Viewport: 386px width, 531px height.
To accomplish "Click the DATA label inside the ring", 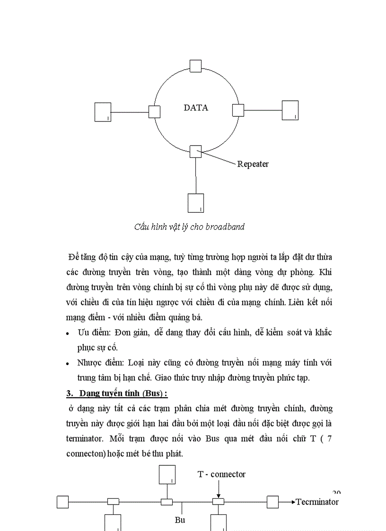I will click(196, 108).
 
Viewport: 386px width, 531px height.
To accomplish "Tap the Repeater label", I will click(253, 164).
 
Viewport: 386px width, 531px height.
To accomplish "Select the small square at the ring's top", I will click(195, 65).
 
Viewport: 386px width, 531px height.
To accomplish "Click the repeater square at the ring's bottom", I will click(195, 151).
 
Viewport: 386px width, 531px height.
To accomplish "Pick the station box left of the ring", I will click(103, 112).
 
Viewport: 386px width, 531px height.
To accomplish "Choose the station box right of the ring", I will click(290, 110).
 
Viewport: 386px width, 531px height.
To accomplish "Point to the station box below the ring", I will click(196, 203).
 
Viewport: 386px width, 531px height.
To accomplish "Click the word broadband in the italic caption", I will click(225, 226).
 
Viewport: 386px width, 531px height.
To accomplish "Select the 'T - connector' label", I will click(221, 474).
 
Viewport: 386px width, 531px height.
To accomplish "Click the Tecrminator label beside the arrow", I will click(317, 502).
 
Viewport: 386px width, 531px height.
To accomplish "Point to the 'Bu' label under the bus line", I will click(180, 520).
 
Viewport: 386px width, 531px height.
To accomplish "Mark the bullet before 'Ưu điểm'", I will click(69, 333).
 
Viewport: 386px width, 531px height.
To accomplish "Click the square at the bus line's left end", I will click(62, 501).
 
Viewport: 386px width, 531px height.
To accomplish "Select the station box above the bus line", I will click(167, 475).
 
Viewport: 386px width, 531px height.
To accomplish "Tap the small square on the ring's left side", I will click(154, 112).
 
